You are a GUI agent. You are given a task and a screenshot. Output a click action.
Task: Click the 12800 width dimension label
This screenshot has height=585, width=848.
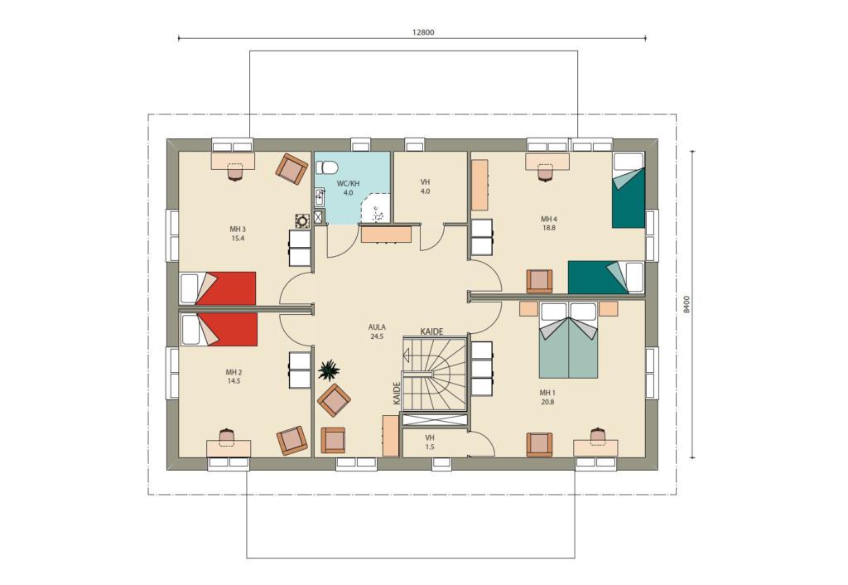[423, 32]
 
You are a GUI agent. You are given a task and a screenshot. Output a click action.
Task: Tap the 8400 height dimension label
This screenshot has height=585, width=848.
[687, 304]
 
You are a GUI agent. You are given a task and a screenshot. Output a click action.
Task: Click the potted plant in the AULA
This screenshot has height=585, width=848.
[329, 371]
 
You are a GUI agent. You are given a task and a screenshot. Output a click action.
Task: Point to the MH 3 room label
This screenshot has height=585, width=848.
[238, 233]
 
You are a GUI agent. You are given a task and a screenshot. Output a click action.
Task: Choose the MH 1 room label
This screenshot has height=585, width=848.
[547, 397]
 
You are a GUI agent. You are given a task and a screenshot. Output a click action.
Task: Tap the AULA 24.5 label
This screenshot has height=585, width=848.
[377, 331]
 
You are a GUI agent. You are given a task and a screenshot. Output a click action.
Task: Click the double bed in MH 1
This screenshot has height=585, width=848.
[568, 340]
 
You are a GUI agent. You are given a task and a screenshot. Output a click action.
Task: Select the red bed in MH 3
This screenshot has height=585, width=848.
[218, 288]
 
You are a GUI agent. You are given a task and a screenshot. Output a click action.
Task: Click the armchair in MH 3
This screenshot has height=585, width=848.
[291, 168]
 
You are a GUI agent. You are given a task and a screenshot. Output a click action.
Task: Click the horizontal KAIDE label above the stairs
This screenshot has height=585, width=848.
[432, 331]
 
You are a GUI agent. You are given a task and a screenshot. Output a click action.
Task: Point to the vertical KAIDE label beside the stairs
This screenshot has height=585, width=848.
[397, 394]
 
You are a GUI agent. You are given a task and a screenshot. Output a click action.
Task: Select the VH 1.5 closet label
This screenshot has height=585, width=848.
[430, 442]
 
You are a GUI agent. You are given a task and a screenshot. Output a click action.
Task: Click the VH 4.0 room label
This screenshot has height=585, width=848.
[425, 186]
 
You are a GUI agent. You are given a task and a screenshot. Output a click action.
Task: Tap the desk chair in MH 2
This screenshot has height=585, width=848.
[227, 436]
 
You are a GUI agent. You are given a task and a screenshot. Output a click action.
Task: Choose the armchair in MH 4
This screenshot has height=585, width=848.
[539, 282]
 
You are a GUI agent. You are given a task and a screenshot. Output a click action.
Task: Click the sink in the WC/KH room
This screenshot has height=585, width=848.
[319, 197]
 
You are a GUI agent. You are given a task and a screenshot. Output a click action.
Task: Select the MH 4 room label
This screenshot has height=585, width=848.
[548, 224]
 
